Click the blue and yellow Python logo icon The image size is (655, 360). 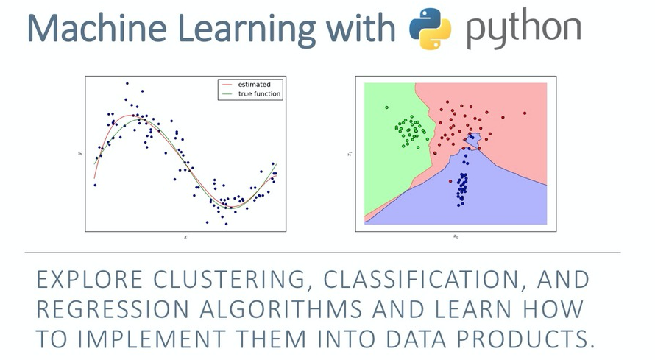430,29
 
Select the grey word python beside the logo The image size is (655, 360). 523,29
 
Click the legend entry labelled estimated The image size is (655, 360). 253,85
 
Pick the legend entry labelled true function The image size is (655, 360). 260,94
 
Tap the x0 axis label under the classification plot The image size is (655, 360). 456,236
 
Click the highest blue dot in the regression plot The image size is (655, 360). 127,84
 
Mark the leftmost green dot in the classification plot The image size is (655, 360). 386,107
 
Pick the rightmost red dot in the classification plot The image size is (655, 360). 525,113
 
